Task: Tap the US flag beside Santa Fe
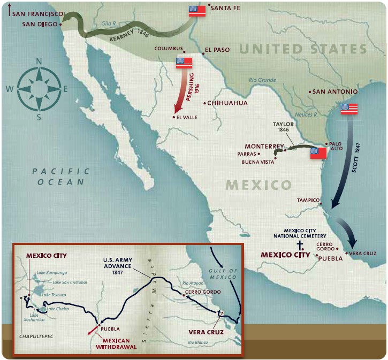point(197,11)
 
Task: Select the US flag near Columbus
point(184,63)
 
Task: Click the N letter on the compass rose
point(39,61)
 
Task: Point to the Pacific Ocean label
point(60,177)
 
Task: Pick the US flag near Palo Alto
point(318,154)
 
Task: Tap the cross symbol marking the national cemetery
point(301,246)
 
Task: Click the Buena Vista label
point(257,162)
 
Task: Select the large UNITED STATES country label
point(303,49)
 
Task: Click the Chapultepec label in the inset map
point(35,338)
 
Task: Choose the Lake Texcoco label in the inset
point(54,295)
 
